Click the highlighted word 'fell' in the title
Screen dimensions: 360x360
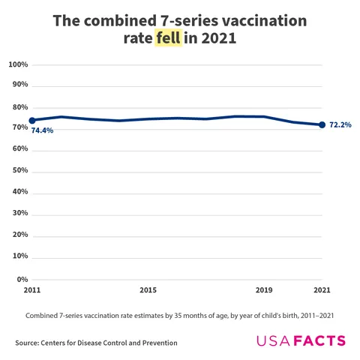[169, 39]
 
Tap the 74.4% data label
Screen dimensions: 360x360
[42, 130]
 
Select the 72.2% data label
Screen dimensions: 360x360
[340, 124]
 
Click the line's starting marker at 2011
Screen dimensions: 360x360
[32, 120]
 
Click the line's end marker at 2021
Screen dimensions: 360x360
[322, 124]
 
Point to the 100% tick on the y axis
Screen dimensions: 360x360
[18, 64]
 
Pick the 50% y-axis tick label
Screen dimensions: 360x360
[19, 171]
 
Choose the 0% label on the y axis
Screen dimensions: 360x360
[22, 279]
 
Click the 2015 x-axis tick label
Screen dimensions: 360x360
[148, 289]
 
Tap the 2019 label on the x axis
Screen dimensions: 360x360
[264, 289]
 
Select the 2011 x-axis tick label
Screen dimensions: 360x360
[32, 289]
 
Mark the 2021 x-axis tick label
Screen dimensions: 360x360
[322, 289]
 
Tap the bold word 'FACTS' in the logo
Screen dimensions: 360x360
[319, 341]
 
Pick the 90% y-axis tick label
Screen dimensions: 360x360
[19, 85]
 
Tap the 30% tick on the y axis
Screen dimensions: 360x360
[19, 214]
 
